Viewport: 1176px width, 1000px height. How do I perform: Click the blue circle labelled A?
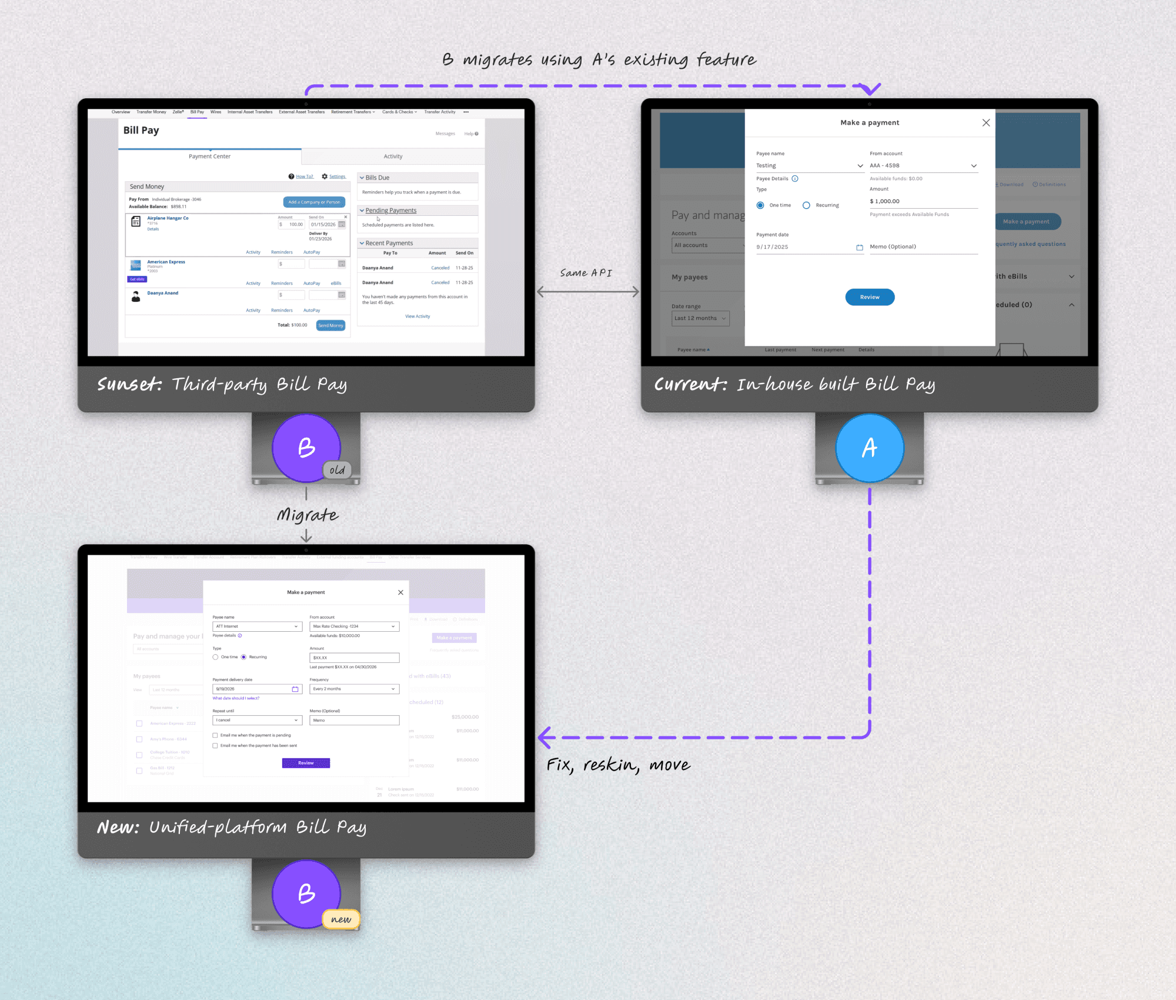(x=869, y=448)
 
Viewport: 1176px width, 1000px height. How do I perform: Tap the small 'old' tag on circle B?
(x=337, y=470)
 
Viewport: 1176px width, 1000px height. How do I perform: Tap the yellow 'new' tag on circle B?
(x=341, y=919)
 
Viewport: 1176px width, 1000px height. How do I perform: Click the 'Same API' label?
(x=586, y=273)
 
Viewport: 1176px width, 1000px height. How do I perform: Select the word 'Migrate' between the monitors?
(x=307, y=515)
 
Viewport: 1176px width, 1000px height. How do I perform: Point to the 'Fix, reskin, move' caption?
(x=618, y=765)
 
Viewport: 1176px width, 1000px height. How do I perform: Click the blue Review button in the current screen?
(x=870, y=297)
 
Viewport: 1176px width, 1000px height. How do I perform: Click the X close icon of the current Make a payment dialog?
(x=986, y=122)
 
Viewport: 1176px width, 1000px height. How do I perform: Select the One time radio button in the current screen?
(x=760, y=205)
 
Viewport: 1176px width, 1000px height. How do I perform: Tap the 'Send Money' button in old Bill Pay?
(x=330, y=325)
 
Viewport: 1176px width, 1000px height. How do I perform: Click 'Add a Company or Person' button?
(x=314, y=202)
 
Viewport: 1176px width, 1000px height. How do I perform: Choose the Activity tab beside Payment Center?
(x=393, y=156)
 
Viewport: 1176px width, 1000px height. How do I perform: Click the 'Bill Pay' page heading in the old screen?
(x=141, y=130)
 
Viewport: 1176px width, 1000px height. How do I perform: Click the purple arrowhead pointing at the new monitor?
(x=545, y=737)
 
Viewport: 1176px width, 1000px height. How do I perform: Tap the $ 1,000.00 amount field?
(x=923, y=201)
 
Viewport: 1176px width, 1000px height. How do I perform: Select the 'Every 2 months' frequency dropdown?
(x=354, y=689)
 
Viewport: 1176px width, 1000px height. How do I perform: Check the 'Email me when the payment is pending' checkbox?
(x=215, y=735)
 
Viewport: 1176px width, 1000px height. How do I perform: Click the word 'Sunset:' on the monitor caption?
(x=129, y=384)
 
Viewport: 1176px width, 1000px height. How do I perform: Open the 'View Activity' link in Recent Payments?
(x=417, y=316)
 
